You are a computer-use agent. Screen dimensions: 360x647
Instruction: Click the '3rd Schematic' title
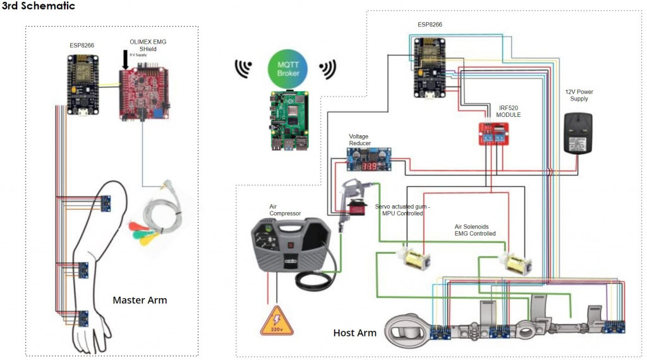coord(39,6)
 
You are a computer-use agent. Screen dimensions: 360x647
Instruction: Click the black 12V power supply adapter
coord(577,133)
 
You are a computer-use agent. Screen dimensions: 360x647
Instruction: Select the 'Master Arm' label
coord(140,300)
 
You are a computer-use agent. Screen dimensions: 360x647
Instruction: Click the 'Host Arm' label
coord(354,333)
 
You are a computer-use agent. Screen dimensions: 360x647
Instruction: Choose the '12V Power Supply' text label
coord(579,95)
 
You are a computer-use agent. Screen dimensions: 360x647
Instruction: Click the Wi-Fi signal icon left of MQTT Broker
coord(242,68)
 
